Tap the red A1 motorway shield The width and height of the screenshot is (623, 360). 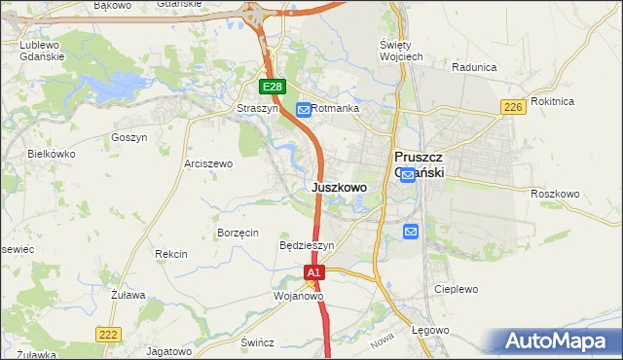click(x=313, y=274)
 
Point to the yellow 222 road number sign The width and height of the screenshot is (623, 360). click(x=108, y=334)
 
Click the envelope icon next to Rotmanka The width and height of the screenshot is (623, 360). click(x=303, y=109)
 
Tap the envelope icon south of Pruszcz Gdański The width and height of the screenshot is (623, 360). click(x=411, y=231)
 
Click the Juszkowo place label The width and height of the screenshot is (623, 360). click(x=340, y=187)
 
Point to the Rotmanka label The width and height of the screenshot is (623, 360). click(x=336, y=109)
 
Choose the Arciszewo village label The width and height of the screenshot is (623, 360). click(x=208, y=164)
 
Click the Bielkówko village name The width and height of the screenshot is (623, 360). click(x=52, y=154)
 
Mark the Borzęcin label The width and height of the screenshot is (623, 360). click(x=238, y=234)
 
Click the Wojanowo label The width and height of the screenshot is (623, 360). click(x=298, y=295)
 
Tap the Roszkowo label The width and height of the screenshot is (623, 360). click(x=555, y=194)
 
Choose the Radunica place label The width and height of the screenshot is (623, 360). click(x=474, y=67)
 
